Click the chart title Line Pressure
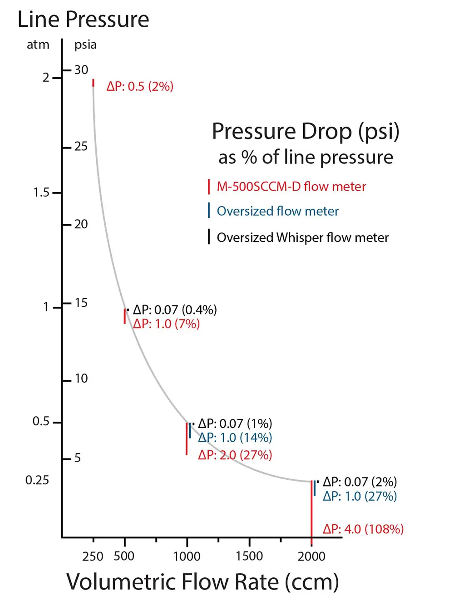[83, 20]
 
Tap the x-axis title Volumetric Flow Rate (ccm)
[202, 582]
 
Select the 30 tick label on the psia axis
[81, 70]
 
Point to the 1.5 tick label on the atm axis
[41, 192]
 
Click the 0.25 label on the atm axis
[37, 480]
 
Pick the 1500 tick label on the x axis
[249, 556]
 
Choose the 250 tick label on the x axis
[93, 556]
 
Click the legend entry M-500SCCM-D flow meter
[291, 187]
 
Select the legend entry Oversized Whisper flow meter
[302, 237]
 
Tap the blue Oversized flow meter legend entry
[277, 211]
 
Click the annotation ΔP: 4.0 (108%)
[363, 529]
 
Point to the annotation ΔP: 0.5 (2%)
[140, 86]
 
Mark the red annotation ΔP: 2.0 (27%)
[235, 455]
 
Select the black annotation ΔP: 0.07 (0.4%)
[175, 310]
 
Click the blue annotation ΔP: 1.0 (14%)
[235, 438]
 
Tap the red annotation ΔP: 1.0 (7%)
[166, 324]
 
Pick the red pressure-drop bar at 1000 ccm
[187, 438]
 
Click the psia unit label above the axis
[85, 44]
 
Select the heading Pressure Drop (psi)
[306, 132]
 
